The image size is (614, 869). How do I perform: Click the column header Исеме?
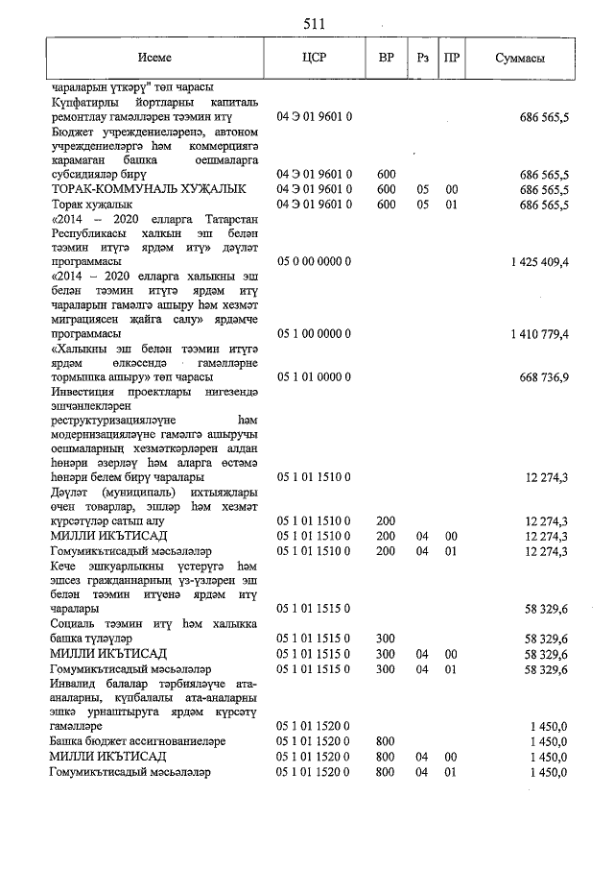point(154,59)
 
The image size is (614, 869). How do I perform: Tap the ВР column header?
point(387,59)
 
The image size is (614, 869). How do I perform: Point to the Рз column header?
point(422,59)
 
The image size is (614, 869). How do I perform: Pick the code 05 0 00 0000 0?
point(315,261)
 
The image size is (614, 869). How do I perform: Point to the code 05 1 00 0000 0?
point(315,333)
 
